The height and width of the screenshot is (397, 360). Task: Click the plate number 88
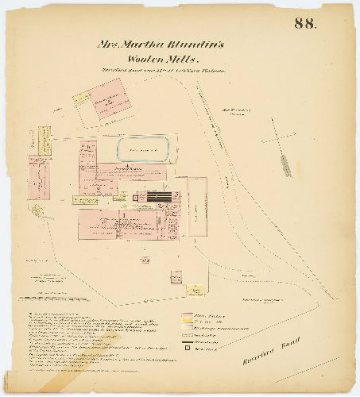pos(304,23)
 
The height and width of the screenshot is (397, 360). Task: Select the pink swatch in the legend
pos(188,314)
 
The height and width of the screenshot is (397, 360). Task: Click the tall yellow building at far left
pos(36,141)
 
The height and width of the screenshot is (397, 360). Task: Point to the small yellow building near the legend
pos(175,277)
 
